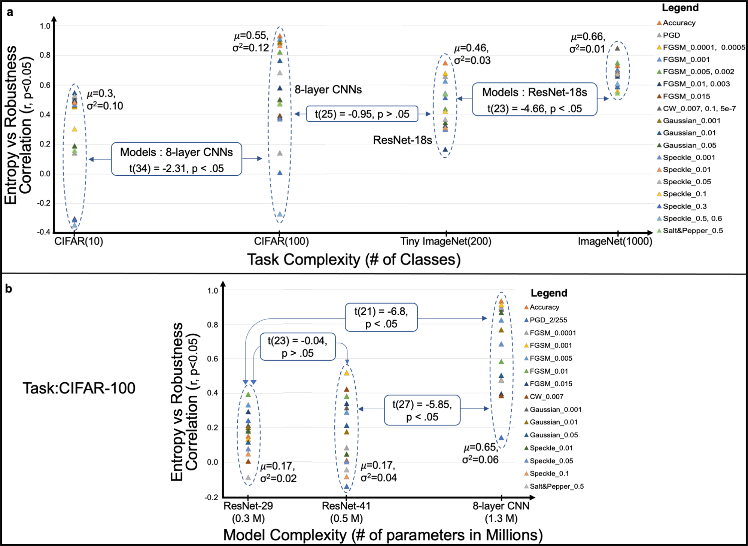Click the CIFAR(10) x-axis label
(79, 241)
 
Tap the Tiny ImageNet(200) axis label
(446, 241)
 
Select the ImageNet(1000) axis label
(615, 241)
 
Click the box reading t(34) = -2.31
(176, 159)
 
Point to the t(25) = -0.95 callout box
(362, 114)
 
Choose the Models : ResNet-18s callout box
(534, 100)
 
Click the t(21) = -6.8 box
(381, 317)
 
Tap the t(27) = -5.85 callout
(422, 410)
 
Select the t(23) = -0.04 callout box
(298, 347)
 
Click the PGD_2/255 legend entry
(548, 320)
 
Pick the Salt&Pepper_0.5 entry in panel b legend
(556, 486)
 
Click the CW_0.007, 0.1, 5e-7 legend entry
(699, 109)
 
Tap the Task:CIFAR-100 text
(79, 388)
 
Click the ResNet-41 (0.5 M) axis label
(346, 512)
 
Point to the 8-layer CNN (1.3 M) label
(501, 512)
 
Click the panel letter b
(9, 289)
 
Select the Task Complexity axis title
(354, 260)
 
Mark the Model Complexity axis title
(383, 535)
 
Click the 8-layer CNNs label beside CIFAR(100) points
(328, 90)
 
